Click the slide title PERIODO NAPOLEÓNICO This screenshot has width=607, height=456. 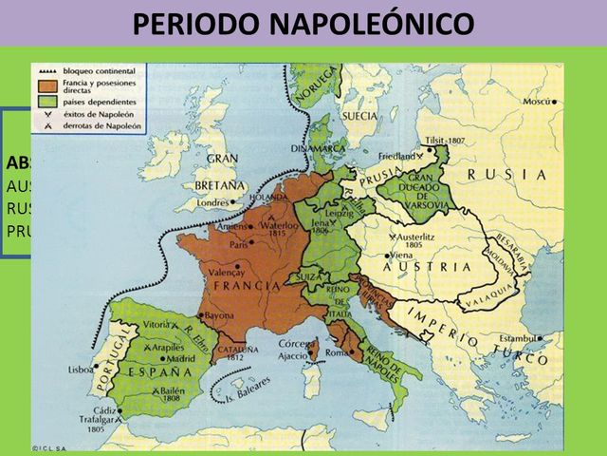(303, 24)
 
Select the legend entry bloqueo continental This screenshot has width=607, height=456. (98, 72)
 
